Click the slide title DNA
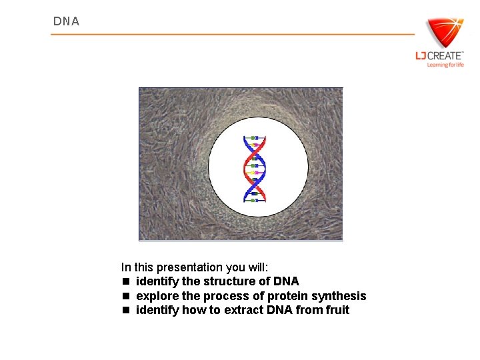pyautogui.click(x=66, y=21)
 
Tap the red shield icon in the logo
pyautogui.click(x=443, y=33)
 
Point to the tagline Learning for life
pyautogui.click(x=445, y=65)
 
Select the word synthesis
pyautogui.click(x=340, y=296)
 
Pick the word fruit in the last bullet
pyautogui.click(x=336, y=310)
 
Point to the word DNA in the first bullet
pyautogui.click(x=285, y=281)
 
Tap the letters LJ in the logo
pyautogui.click(x=420, y=56)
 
